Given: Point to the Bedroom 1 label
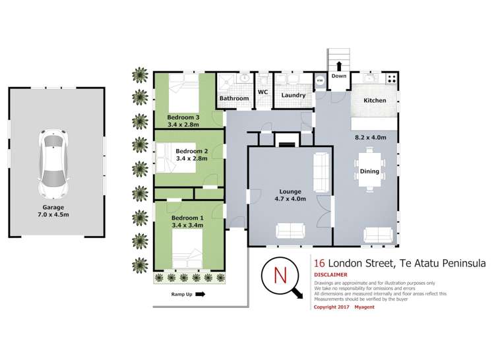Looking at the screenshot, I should (x=187, y=222).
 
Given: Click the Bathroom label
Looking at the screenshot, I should (x=234, y=98).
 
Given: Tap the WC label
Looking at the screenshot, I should (x=262, y=92).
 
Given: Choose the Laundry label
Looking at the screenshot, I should (x=293, y=95).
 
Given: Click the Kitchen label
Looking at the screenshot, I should (x=374, y=101).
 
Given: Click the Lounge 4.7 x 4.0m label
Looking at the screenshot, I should (x=290, y=195).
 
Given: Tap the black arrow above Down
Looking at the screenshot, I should (x=339, y=65).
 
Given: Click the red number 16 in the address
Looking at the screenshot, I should (x=319, y=263).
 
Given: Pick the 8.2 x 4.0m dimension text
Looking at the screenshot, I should (x=370, y=137).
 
